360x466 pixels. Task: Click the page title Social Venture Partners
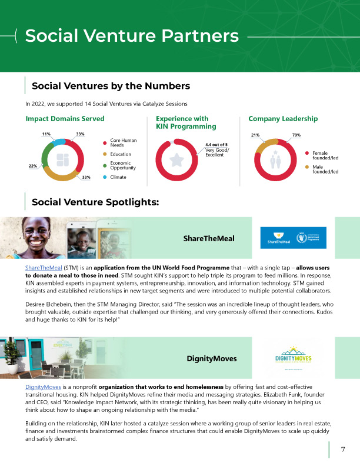point(132,36)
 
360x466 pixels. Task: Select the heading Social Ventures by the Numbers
point(111,86)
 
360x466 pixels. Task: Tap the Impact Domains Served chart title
point(65,119)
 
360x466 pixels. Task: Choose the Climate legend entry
point(118,177)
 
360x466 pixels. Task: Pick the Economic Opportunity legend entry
point(123,166)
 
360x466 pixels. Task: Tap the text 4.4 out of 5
point(216,144)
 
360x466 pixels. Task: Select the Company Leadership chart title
point(283,119)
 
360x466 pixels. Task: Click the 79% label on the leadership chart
point(296,135)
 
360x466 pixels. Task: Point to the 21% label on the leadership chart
point(255,135)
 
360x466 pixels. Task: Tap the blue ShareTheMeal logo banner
point(293,237)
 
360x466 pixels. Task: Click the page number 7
point(343,450)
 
